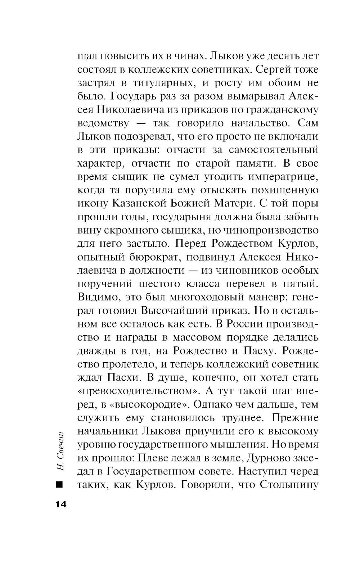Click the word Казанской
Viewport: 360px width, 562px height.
[x=139, y=204]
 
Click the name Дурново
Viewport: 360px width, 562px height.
[x=268, y=458]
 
